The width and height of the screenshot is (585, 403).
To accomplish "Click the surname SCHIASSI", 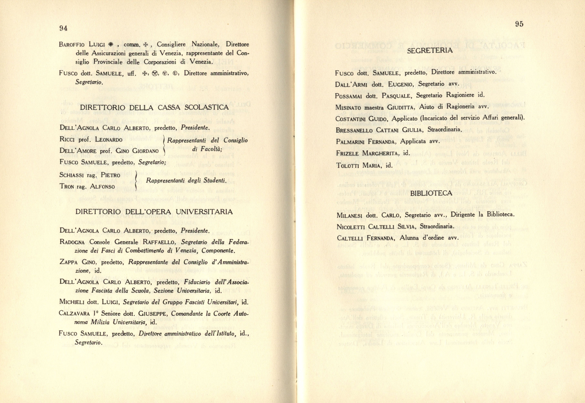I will (71, 175).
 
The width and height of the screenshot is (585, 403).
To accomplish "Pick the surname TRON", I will (67, 187).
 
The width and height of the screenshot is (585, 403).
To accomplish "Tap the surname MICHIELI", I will (72, 302).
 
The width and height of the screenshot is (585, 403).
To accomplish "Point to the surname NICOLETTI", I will (351, 227).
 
